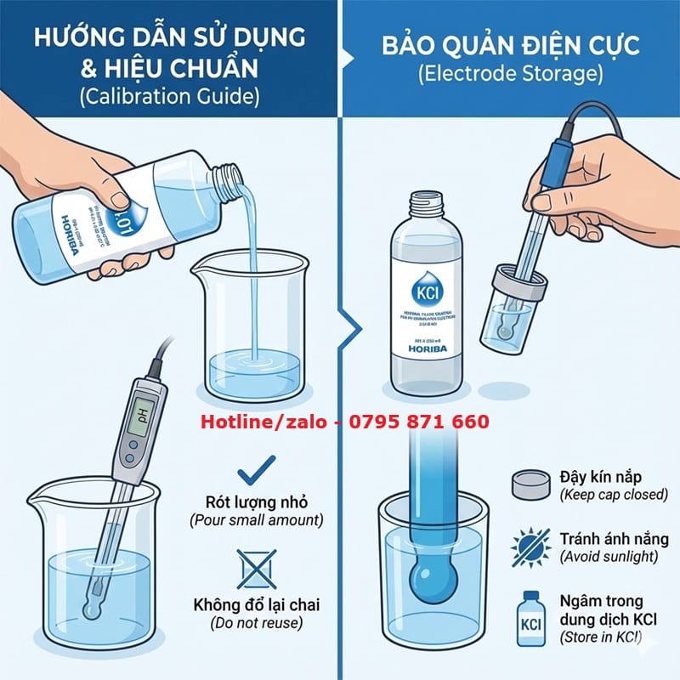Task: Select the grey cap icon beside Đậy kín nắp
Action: click(530, 484)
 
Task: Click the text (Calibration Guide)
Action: click(169, 96)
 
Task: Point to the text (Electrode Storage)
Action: click(510, 74)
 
